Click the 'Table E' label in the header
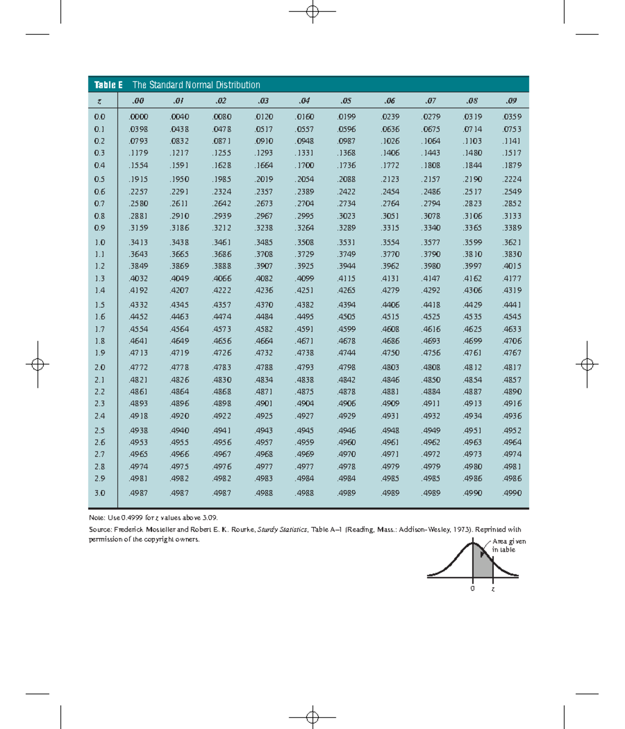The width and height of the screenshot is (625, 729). [x=108, y=85]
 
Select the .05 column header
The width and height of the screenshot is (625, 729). [x=346, y=100]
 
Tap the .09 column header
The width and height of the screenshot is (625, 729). [x=511, y=100]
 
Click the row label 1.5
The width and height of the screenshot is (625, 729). [x=99, y=305]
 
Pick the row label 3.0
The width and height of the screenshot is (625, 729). [x=99, y=493]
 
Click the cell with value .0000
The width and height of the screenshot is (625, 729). [x=139, y=117]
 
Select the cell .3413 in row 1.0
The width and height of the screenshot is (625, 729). [x=139, y=242]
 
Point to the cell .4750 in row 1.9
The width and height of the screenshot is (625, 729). [x=390, y=353]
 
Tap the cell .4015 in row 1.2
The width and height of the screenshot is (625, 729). [x=511, y=266]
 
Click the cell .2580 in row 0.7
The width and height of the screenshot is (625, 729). [x=139, y=204]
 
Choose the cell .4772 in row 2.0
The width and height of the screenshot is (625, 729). [x=139, y=367]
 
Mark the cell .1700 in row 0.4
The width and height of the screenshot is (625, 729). [x=305, y=165]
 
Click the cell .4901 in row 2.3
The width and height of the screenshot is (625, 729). [x=264, y=403]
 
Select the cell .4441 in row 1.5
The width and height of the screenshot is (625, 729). [x=511, y=305]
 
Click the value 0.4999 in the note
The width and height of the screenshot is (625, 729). [x=132, y=518]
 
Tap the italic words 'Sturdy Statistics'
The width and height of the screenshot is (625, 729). [x=282, y=530]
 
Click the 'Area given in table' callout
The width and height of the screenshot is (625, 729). [x=508, y=545]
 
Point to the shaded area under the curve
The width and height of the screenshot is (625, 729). [x=483, y=565]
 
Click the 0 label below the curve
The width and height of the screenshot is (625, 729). [x=472, y=588]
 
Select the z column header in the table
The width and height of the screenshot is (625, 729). [x=99, y=101]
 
